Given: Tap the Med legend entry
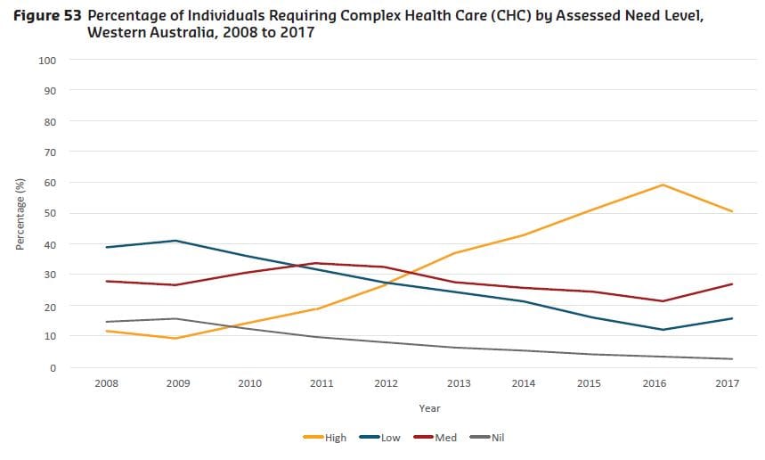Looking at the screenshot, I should click(x=436, y=437).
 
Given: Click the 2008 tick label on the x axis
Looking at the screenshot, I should click(x=107, y=383).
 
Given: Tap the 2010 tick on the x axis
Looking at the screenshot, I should click(x=250, y=383).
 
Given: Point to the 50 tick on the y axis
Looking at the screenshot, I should click(x=52, y=214).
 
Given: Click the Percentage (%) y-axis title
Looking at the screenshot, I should click(x=20, y=214).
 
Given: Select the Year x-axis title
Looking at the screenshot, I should click(x=429, y=407).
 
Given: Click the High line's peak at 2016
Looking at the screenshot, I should click(x=663, y=185).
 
